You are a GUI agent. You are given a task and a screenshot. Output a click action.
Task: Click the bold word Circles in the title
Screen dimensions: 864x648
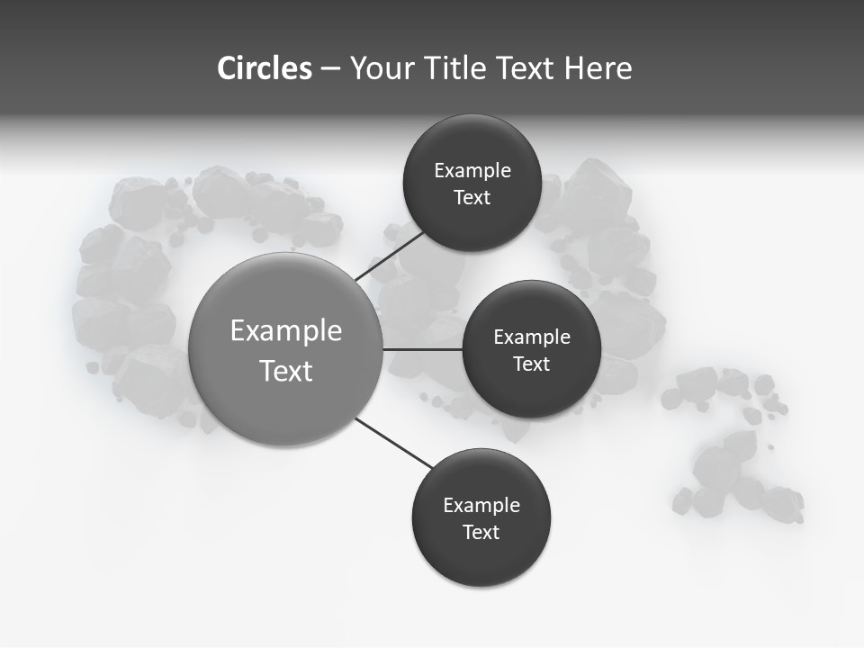point(265,68)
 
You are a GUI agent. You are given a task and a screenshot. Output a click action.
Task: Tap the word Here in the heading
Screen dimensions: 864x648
point(598,68)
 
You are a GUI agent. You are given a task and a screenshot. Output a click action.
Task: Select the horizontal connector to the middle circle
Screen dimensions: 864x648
point(422,349)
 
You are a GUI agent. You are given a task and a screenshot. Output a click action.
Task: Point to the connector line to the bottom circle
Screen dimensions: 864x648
point(394,444)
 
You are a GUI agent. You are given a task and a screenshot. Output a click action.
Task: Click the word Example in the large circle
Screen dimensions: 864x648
point(286,331)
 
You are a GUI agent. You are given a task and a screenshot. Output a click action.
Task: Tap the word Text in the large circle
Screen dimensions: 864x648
point(286,371)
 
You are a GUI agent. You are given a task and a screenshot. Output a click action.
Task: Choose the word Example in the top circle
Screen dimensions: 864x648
point(472,171)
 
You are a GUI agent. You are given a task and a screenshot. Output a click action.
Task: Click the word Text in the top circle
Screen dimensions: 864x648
point(472,198)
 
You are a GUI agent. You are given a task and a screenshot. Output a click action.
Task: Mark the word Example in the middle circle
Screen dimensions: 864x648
point(532,337)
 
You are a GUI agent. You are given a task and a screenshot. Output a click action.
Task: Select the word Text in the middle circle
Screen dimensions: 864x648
point(531,364)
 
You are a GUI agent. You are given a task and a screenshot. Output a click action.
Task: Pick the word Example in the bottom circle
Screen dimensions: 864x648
point(481,506)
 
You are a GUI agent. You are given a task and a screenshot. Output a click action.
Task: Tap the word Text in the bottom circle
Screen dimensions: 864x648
point(481,532)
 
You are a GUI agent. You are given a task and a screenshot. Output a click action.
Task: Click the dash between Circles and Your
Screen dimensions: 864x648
point(330,69)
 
